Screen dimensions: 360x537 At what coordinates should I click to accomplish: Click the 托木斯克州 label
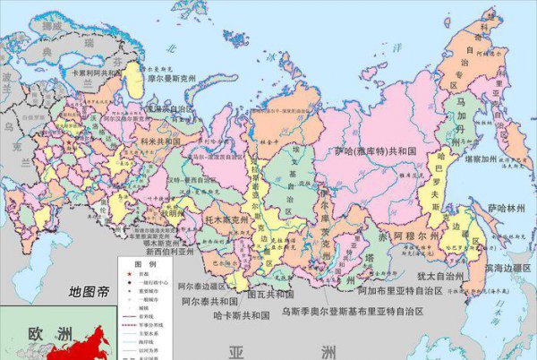(212, 217)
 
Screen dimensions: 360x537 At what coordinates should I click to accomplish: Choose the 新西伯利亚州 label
(162, 253)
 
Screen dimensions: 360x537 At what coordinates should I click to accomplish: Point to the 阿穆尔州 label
(417, 236)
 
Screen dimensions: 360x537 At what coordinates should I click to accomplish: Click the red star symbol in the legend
(127, 275)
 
